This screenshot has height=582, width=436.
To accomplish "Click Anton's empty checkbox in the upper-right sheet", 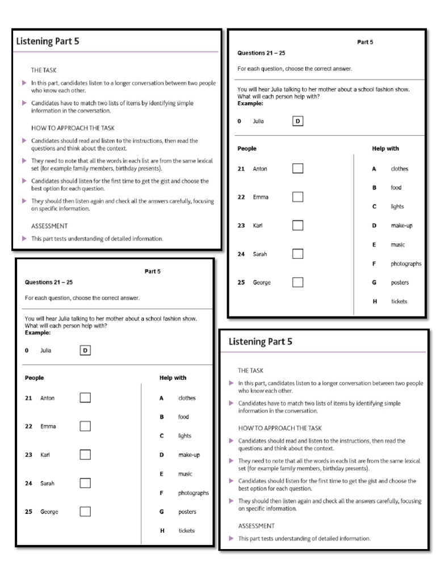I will (297, 168).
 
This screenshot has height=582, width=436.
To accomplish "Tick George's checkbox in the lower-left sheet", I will (85, 512).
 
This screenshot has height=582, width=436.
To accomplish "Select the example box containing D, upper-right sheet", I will (297, 121).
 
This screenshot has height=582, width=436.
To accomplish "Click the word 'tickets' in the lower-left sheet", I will (186, 530).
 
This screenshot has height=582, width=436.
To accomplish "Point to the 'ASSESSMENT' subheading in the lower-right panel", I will (256, 526).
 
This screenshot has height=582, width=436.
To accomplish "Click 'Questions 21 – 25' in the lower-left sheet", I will (49, 282).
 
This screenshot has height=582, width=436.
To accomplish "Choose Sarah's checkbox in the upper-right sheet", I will (297, 254).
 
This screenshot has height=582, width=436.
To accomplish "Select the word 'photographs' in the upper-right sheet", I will (406, 264).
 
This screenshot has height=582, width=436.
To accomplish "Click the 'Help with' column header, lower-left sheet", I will (173, 377).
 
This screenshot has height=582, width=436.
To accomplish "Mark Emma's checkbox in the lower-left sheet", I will (85, 426).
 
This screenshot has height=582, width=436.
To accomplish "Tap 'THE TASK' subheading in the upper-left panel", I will (44, 70).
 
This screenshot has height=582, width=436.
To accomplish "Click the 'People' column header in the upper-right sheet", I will (247, 148).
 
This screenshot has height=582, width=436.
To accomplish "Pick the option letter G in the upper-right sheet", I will (374, 282).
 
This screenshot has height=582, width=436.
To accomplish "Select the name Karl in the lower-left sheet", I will (45, 455).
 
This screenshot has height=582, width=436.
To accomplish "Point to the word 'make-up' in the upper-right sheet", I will (401, 226).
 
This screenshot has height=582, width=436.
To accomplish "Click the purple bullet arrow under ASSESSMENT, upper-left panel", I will (24, 239).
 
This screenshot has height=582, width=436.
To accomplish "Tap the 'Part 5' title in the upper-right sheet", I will (365, 42).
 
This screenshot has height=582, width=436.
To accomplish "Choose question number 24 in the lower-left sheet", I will (28, 483).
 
